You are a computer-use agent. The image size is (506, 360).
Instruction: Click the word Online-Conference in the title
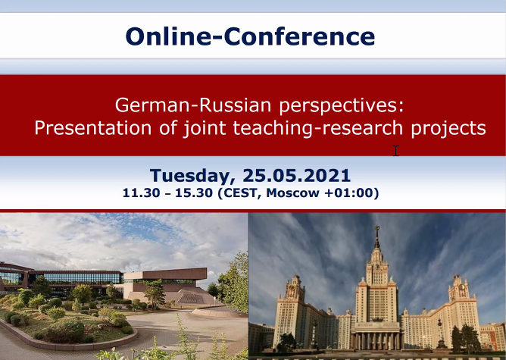click(250, 36)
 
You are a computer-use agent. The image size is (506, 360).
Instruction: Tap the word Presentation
click(93, 127)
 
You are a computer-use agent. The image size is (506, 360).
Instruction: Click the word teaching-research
click(318, 129)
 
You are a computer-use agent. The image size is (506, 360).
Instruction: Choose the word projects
click(448, 129)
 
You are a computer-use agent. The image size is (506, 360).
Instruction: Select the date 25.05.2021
click(297, 176)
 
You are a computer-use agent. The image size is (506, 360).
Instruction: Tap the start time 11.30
click(142, 193)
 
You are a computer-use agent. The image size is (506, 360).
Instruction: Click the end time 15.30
click(194, 193)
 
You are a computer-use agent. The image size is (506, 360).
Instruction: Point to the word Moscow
click(292, 193)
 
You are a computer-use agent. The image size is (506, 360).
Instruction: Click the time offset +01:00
click(351, 193)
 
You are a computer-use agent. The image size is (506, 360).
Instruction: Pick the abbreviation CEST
click(239, 193)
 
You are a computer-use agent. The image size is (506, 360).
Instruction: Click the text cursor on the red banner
click(396, 151)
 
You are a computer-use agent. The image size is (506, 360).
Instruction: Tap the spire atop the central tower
click(376, 238)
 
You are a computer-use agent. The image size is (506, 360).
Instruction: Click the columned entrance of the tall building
click(377, 340)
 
